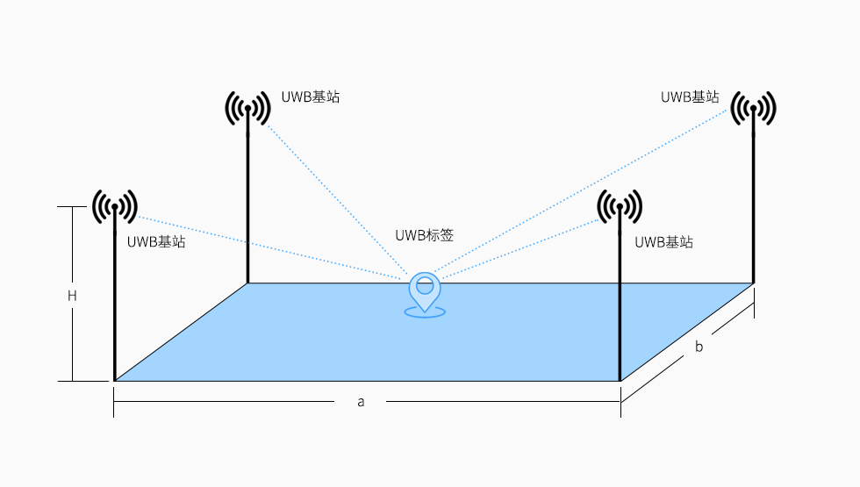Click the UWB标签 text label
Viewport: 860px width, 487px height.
424,235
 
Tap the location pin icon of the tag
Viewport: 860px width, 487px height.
425,292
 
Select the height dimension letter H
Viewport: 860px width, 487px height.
73,297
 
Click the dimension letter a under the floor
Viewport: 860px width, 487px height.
361,401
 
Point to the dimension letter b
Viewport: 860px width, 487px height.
699,347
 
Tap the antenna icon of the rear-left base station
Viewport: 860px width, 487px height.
248,108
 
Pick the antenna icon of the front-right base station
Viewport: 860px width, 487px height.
620,207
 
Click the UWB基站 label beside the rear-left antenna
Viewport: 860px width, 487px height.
311,97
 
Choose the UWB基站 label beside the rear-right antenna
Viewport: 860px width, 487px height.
690,97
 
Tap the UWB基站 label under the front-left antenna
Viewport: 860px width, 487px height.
156,242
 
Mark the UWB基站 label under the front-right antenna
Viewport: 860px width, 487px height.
663,242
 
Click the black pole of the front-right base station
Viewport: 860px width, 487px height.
620,307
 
